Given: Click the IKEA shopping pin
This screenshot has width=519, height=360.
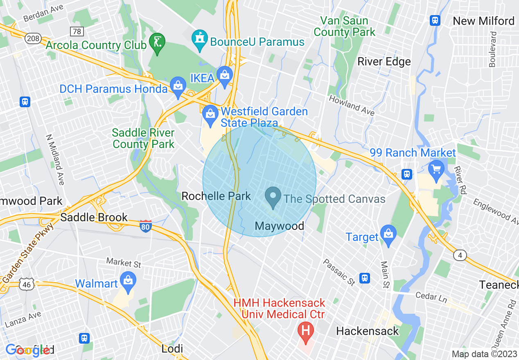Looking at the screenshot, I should [224, 75].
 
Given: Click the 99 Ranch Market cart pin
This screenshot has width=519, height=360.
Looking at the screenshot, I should [436, 169].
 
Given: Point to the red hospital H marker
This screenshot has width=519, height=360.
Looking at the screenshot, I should [305, 329].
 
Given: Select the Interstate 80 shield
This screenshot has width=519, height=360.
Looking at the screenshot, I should [145, 226].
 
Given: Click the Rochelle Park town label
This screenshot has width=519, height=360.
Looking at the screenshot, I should [216, 196].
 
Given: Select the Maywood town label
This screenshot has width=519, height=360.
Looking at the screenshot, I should [280, 226].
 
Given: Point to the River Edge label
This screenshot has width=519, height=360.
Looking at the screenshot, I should [384, 62].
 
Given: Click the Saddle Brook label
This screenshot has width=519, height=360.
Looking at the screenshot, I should [94, 217].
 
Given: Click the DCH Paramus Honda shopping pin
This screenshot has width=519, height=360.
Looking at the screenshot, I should [178, 86].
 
